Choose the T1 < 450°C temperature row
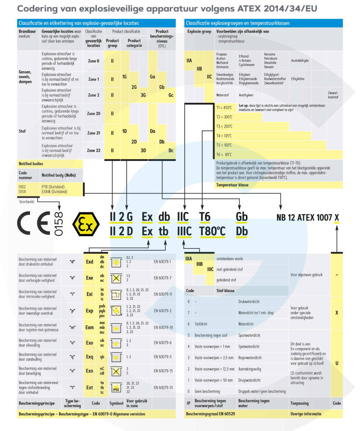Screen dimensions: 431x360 point(224,107)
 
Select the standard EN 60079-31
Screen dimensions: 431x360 point(163,387)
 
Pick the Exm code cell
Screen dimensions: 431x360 point(90,328)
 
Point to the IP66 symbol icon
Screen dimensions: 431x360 point(116,388)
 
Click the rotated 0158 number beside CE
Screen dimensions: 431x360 point(59,223)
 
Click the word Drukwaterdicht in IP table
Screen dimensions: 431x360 point(248,301)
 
